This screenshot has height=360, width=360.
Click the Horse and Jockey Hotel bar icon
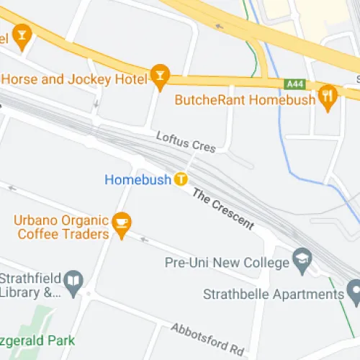coord(159,77)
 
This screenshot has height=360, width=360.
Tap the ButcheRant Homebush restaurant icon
coord(328,99)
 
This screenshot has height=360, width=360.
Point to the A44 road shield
coord(294,84)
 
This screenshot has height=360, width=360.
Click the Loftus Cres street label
coord(186,141)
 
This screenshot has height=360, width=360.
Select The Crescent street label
coord(222,208)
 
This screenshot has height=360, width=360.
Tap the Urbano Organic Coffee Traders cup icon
coord(121,225)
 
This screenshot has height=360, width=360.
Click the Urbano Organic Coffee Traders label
coord(63,227)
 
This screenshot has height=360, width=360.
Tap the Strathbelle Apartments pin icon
coord(354,293)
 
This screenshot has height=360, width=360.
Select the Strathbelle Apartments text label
coord(273,294)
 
